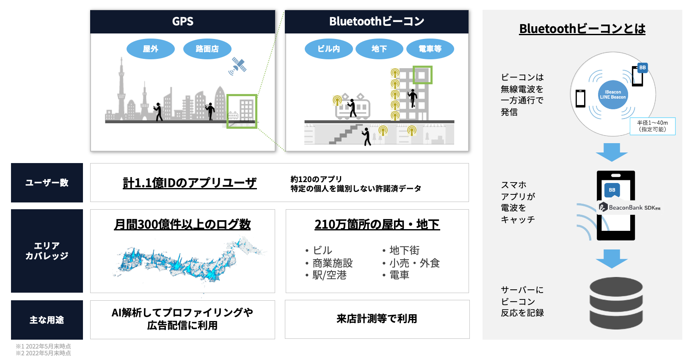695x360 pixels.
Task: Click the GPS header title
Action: (x=182, y=22)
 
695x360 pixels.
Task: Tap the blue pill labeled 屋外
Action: (x=150, y=49)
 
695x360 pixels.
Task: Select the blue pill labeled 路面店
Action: (x=207, y=49)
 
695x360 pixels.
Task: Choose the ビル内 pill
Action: (x=328, y=49)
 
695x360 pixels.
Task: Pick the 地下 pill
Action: (x=379, y=49)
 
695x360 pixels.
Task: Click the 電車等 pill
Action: (x=430, y=49)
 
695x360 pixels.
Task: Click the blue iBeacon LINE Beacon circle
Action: (x=612, y=94)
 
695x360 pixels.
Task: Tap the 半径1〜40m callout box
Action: (x=652, y=126)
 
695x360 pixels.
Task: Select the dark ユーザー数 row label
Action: (x=47, y=183)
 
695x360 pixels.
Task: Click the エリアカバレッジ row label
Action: (x=47, y=251)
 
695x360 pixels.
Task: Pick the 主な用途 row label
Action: (x=47, y=320)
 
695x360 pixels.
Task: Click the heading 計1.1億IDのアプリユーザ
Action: (x=190, y=183)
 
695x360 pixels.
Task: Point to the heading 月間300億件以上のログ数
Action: (x=182, y=224)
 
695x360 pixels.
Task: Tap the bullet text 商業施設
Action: (x=332, y=263)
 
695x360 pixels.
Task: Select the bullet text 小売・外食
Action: (x=414, y=263)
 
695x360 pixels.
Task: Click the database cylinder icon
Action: (x=616, y=303)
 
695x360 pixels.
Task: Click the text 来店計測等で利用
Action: (x=377, y=319)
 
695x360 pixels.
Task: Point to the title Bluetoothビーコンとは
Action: (x=582, y=29)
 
